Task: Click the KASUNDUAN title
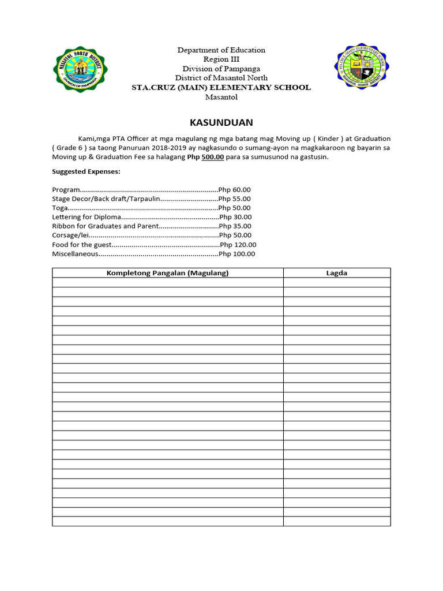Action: (x=221, y=123)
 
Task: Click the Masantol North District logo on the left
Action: (x=80, y=74)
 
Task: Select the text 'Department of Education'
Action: (x=221, y=50)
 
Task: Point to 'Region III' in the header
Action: (x=221, y=59)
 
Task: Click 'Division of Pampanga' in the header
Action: (x=221, y=69)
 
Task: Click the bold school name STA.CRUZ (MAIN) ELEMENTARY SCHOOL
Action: (x=221, y=88)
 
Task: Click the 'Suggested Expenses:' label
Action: (x=86, y=171)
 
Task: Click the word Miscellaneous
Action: (x=74, y=254)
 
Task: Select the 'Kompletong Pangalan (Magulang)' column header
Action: (x=167, y=273)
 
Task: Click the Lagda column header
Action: (x=336, y=273)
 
